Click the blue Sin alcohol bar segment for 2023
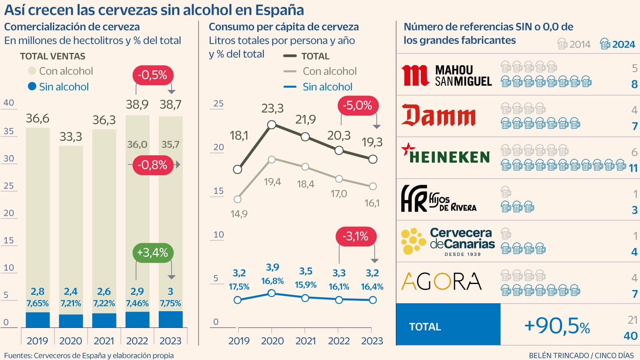click(171, 319)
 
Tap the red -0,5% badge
click(152, 75)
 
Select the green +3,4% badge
click(152, 253)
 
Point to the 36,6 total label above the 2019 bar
click(38, 118)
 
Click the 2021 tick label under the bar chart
click(104, 341)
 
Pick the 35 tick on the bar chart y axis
click(9, 131)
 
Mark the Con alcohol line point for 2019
click(238, 199)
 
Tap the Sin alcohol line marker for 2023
click(373, 300)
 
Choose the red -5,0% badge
click(358, 106)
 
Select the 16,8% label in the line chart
click(272, 281)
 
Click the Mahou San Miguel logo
click(446, 76)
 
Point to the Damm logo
click(439, 116)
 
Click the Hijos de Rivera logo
click(439, 198)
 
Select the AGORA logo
click(442, 282)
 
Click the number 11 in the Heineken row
click(633, 168)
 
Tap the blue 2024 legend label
click(623, 44)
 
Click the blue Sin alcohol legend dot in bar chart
click(32, 86)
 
